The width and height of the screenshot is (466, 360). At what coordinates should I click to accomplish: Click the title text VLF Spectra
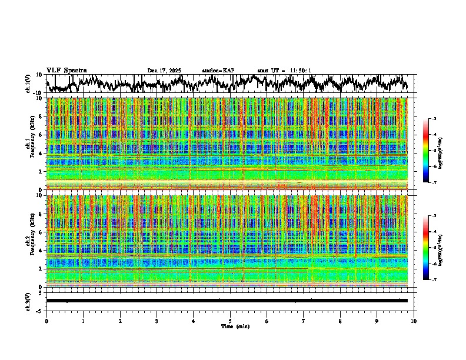[x=66, y=70]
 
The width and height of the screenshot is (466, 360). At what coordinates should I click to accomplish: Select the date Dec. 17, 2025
[x=164, y=71]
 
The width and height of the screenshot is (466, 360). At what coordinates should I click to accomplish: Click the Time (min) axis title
[x=235, y=326]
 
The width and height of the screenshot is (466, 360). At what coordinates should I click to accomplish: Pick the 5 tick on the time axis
[x=230, y=321]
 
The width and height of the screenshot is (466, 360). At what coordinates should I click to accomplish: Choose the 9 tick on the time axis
[x=377, y=321]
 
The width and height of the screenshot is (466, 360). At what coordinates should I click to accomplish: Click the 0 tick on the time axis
[x=46, y=321]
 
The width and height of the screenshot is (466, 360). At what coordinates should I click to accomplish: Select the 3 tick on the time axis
[x=157, y=321]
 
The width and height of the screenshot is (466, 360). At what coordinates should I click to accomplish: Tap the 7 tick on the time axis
[x=304, y=321]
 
